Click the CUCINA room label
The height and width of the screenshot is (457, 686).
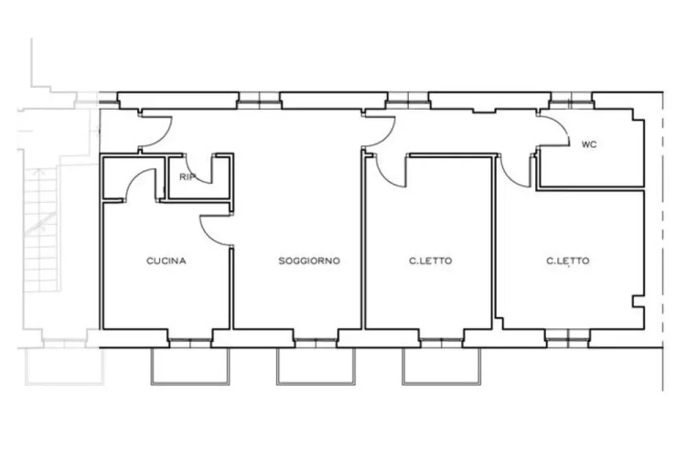click(x=166, y=260)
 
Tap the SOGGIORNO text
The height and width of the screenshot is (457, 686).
click(x=309, y=260)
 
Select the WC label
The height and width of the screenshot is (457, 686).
click(x=589, y=144)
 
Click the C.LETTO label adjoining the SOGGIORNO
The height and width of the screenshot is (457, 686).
click(x=431, y=260)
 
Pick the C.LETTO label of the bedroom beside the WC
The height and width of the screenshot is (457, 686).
click(x=567, y=260)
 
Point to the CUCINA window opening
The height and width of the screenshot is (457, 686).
click(x=190, y=343)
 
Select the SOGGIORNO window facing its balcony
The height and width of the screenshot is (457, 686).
click(x=316, y=343)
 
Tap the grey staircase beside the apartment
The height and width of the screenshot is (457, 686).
click(x=40, y=228)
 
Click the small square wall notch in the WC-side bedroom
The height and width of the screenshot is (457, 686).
click(x=638, y=302)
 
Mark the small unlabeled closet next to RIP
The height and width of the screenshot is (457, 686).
click(x=134, y=177)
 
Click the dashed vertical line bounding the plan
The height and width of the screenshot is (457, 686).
click(x=663, y=240)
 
